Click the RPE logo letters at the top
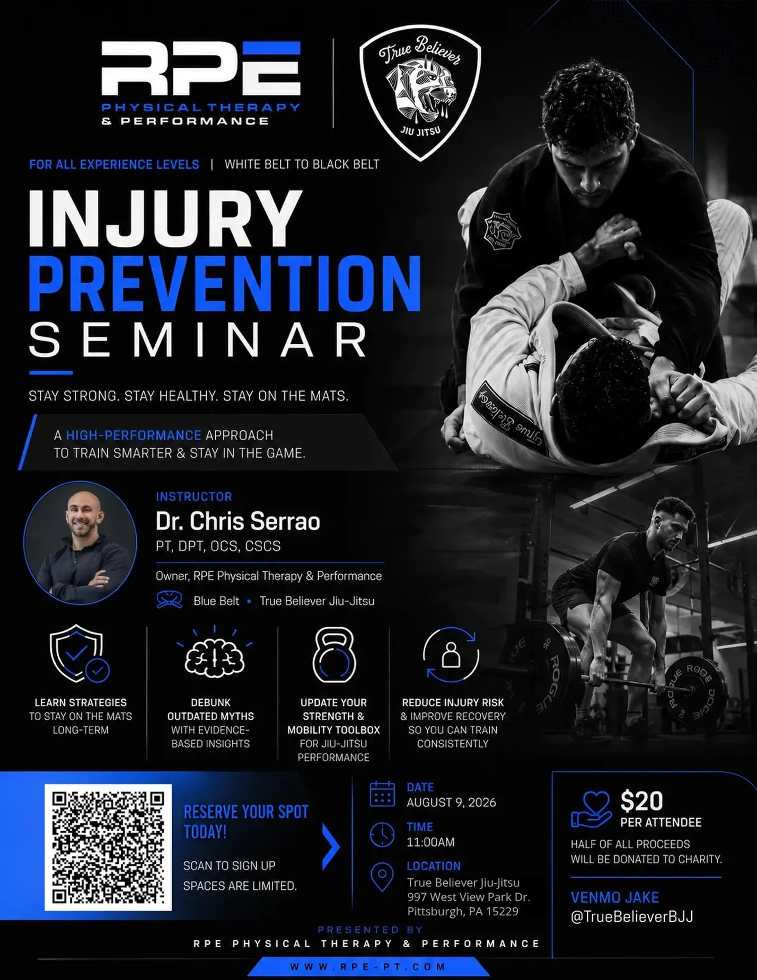pyautogui.click(x=201, y=68)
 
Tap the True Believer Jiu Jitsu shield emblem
pyautogui.click(x=420, y=94)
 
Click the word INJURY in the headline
pyautogui.click(x=165, y=218)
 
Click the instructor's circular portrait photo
pyautogui.click(x=80, y=543)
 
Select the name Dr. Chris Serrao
pyautogui.click(x=238, y=521)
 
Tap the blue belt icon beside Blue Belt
pyautogui.click(x=170, y=601)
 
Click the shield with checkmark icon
pyautogui.click(x=80, y=654)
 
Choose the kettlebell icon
pyautogui.click(x=334, y=655)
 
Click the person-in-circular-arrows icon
pyautogui.click(x=451, y=655)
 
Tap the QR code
pyautogui.click(x=108, y=847)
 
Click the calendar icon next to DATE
pyautogui.click(x=382, y=794)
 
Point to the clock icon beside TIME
pyautogui.click(x=382, y=835)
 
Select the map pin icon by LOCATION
pyautogui.click(x=382, y=877)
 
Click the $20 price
pyautogui.click(x=641, y=801)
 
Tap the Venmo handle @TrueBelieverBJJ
pyautogui.click(x=632, y=917)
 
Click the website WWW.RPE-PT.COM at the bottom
pyautogui.click(x=368, y=967)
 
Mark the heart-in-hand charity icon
pyautogui.click(x=591, y=809)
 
